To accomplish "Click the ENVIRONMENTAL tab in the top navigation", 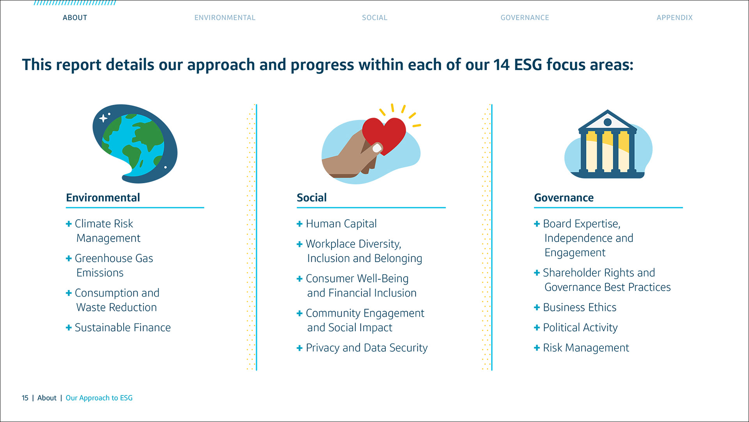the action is pos(225,18).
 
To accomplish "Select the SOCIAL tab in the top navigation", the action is pos(374,18).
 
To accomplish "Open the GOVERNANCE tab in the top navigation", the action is pos(525,18).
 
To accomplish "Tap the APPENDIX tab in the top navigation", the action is pos(674,18).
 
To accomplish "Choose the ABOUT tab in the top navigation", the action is pos(75,18).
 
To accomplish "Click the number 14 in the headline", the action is pos(501,65).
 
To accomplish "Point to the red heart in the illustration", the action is pos(384,135).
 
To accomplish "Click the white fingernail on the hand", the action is pos(377,148).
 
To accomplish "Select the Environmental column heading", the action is pos(103,198).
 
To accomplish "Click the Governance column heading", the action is pos(564,198).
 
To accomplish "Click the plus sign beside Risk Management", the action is pos(537,348).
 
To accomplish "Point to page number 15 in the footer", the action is pos(25,398).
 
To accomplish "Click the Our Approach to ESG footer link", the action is pos(99,398).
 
